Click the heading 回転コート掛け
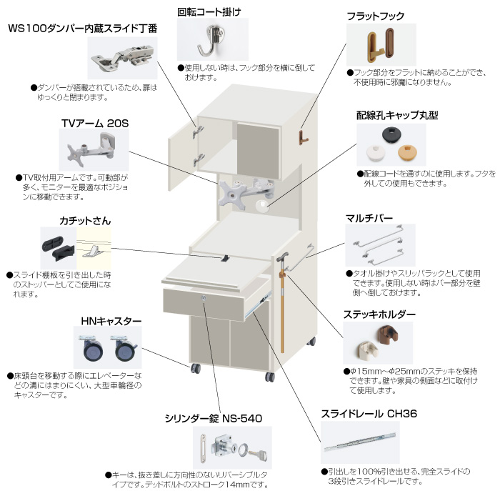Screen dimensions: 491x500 (x=209, y=12)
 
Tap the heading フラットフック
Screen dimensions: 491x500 (x=375, y=15)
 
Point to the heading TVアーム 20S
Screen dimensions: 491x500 (x=95, y=123)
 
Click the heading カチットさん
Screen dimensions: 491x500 (x=85, y=221)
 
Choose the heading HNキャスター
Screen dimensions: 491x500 (x=107, y=321)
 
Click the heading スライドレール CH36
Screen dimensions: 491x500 (x=368, y=413)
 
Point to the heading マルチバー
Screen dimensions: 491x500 (x=369, y=217)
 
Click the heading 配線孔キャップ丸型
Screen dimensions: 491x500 (x=397, y=114)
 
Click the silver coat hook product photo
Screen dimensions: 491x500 (x=211, y=39)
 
